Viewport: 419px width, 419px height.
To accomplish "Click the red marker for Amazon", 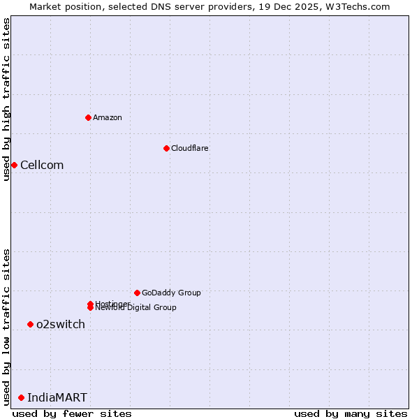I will coord(88,117).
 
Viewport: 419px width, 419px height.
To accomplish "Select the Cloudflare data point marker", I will coord(166,148).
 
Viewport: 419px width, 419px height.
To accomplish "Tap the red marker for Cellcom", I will coord(14,165).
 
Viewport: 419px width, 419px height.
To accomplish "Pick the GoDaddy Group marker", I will coord(137,293).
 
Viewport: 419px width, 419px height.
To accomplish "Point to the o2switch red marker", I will coord(30,324).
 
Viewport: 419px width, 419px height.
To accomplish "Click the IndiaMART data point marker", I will coord(21,397).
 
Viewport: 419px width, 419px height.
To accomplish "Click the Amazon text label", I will coord(107,117).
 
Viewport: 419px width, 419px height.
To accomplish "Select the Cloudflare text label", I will coord(189,148).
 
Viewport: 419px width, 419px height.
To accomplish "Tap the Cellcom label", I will coord(42,166).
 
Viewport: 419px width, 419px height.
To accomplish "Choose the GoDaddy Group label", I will coord(171,293).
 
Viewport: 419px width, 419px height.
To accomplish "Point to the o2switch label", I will coord(61,325).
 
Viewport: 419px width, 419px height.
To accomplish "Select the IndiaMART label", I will coord(57,398).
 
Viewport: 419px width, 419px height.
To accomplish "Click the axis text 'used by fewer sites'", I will coord(72,413).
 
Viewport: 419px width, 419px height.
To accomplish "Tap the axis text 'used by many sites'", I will coord(351,413).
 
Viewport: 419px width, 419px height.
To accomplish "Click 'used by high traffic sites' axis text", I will coord(6,99).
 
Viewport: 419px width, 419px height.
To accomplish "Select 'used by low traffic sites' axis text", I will coord(6,326).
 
